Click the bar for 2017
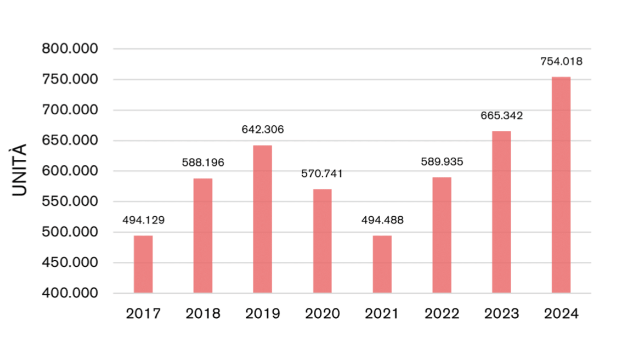click(143, 264)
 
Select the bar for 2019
click(262, 219)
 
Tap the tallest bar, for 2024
click(561, 185)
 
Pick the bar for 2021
click(382, 264)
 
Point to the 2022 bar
click(442, 235)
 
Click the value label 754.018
click(561, 62)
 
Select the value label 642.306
click(263, 129)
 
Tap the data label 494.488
click(382, 220)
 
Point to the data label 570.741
click(322, 174)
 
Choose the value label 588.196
click(203, 162)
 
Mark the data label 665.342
click(501, 115)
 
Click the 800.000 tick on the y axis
click(70, 49)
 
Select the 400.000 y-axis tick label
click(70, 293)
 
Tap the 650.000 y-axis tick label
click(70, 141)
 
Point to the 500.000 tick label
click(70, 232)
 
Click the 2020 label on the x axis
click(322, 314)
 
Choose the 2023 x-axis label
click(501, 314)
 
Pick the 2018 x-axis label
click(203, 314)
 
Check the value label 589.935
click(442, 161)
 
